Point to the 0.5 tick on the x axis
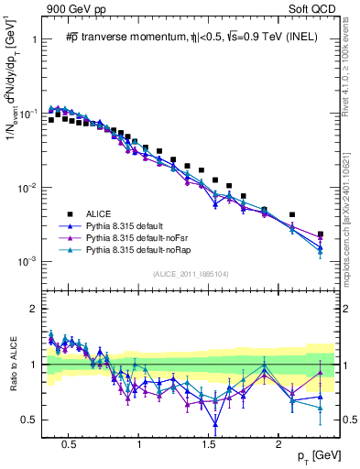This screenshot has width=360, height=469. point(68,442)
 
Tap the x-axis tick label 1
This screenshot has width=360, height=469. point(138,442)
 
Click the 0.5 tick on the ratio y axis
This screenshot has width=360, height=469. point(30,420)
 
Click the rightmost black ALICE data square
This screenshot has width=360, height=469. point(320,234)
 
